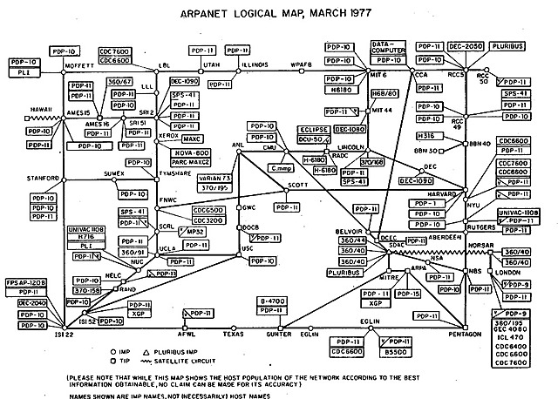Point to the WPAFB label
(301, 66)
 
